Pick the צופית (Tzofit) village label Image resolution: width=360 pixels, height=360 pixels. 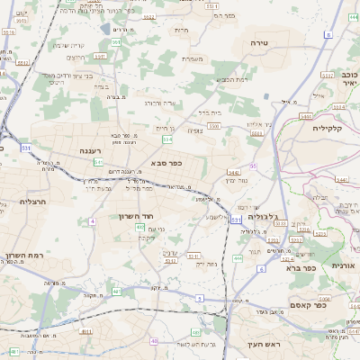194,130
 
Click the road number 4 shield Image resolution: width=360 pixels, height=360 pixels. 92,220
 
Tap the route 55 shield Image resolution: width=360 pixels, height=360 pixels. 254,166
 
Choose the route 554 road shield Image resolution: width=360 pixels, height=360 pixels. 167,139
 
